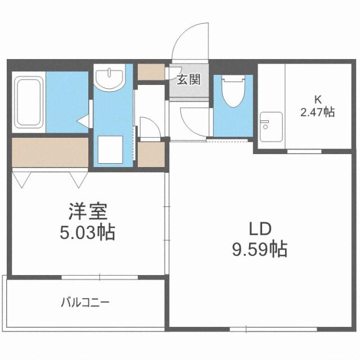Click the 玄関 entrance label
click(189, 79)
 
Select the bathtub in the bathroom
click(29, 102)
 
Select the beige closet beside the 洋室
click(49, 152)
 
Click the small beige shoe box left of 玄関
click(150, 72)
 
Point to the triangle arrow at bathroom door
click(82, 120)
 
